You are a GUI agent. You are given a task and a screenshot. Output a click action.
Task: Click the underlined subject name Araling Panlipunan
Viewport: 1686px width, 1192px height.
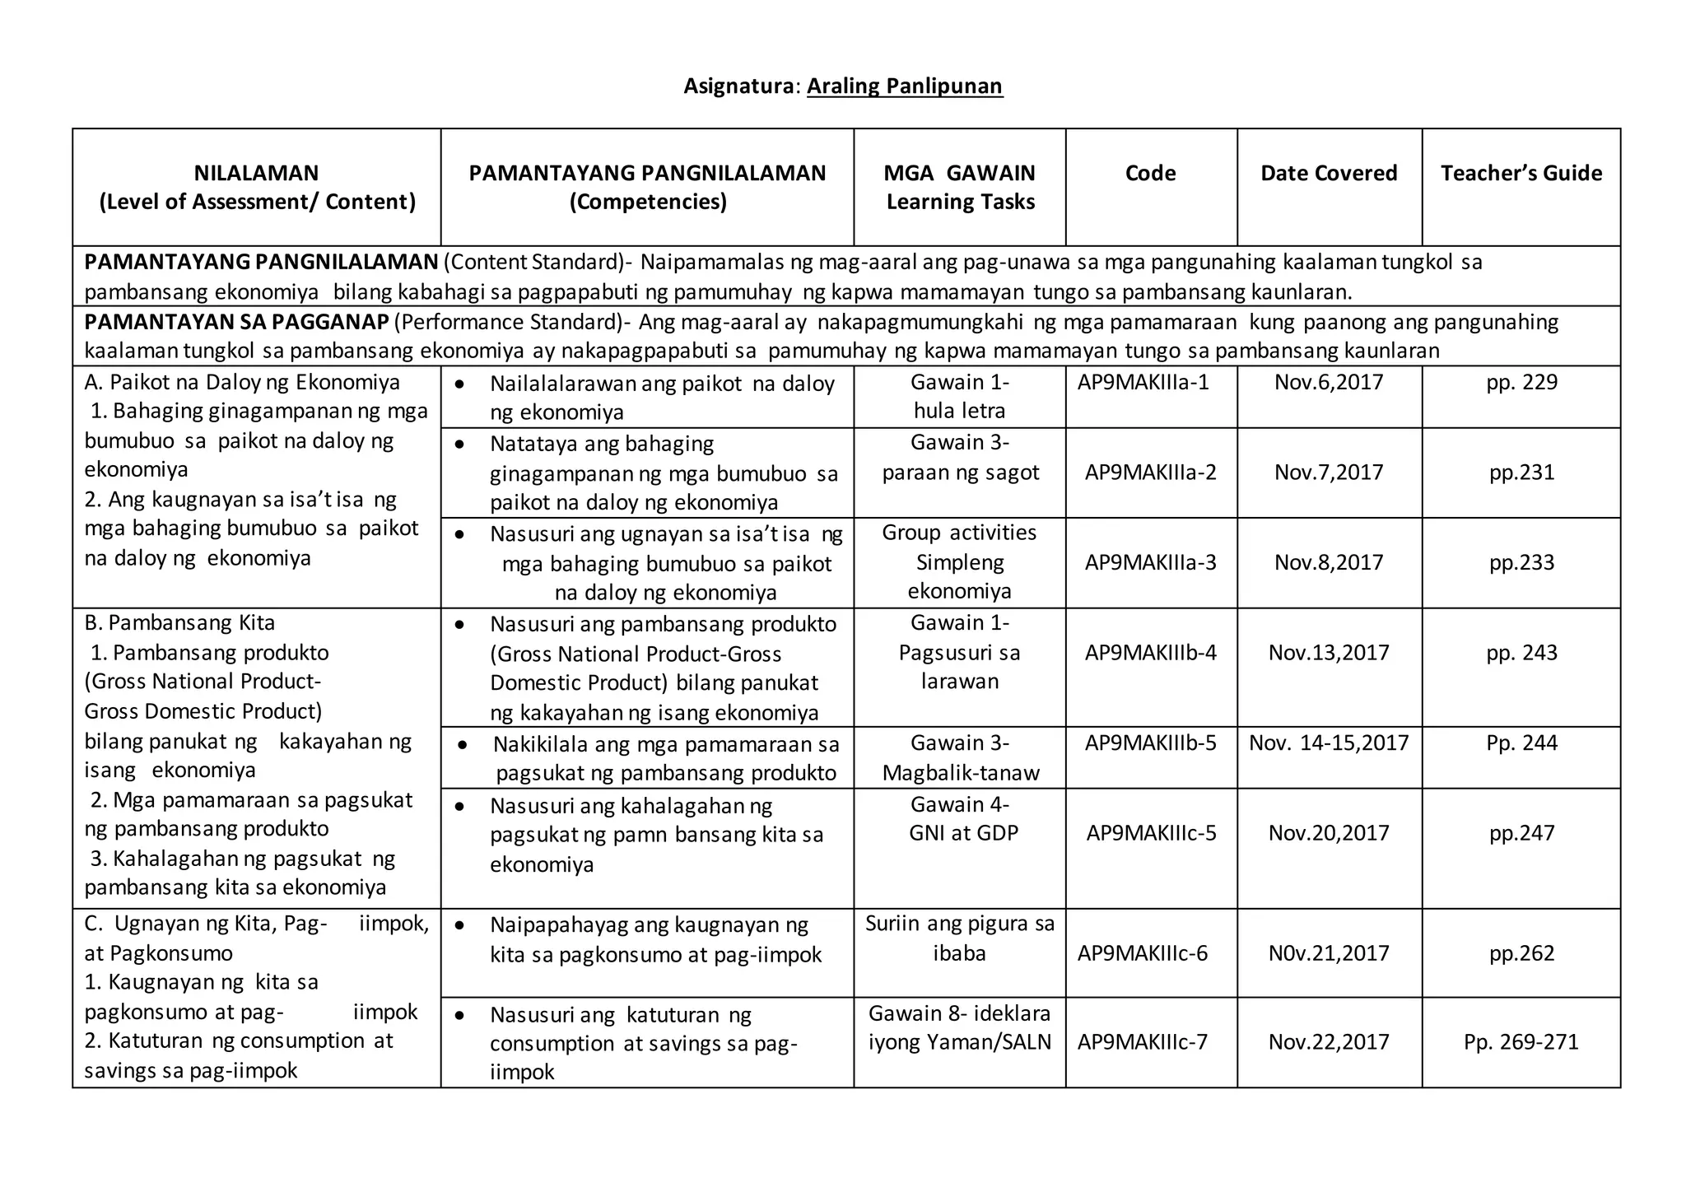[x=904, y=86]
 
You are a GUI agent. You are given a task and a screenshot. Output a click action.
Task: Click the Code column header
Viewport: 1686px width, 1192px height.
[x=1150, y=173]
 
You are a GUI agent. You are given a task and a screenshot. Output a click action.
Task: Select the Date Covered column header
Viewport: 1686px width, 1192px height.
[x=1329, y=173]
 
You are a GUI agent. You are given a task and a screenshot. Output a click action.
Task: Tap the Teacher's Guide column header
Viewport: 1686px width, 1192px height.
[x=1521, y=173]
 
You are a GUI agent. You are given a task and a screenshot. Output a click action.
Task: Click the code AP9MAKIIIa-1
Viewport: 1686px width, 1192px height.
[x=1143, y=382]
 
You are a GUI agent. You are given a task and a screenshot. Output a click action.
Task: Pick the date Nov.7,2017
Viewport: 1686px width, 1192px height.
[x=1329, y=473]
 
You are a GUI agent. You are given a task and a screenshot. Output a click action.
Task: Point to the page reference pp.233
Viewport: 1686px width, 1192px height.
[x=1521, y=562]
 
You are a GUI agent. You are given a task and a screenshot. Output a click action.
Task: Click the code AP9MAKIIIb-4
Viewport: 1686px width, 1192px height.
[x=1150, y=653]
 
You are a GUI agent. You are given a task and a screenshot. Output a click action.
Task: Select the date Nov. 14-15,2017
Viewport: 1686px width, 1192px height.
[x=1329, y=743]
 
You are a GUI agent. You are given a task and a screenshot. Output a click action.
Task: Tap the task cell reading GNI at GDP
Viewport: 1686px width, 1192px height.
[x=963, y=833]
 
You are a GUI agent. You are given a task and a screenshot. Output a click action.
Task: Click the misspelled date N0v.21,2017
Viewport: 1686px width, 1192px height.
[x=1329, y=953]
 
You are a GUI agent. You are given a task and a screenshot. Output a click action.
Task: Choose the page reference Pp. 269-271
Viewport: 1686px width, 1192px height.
[x=1521, y=1042]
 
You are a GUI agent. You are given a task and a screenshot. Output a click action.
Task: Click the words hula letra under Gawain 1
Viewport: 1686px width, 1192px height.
[x=959, y=411]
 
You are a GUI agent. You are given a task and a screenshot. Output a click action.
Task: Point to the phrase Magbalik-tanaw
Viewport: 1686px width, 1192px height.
[x=961, y=773]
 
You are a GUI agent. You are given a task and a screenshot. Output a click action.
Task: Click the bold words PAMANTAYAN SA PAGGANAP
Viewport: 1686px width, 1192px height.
[x=235, y=322]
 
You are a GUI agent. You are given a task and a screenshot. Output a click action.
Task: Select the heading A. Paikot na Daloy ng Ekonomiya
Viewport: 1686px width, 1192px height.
[x=242, y=382]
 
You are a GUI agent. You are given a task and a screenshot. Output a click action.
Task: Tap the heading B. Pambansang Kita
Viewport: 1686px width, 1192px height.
[x=179, y=623]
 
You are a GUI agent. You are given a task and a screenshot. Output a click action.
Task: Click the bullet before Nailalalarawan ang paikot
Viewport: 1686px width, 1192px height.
[x=460, y=384]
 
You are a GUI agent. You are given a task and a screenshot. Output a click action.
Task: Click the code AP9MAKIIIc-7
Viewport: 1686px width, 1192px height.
[x=1143, y=1042]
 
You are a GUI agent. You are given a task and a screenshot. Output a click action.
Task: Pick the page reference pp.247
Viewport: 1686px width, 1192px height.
[x=1521, y=833]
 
